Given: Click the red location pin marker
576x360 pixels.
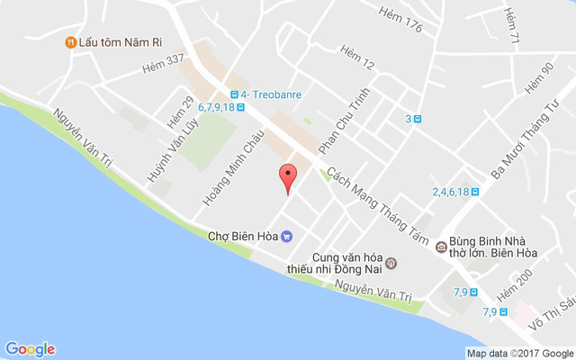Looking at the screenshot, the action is [288, 176].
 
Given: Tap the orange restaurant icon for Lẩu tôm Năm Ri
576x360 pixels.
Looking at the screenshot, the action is [69, 41].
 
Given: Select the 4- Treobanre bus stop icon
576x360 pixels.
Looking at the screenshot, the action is [234, 94].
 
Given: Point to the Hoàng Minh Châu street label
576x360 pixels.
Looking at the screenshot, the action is [240, 170].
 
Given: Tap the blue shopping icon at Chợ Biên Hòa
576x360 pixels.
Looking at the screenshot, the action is [286, 237].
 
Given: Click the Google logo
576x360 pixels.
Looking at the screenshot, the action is [30, 349].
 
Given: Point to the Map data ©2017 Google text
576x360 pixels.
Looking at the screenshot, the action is [519, 353].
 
